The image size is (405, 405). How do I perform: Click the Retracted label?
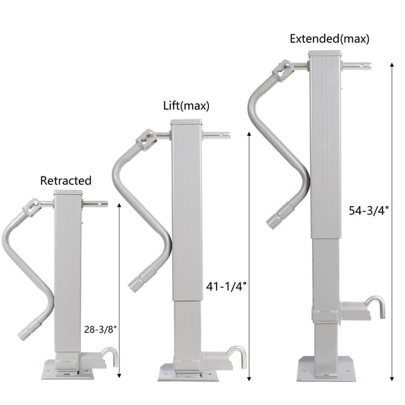tap(65, 181)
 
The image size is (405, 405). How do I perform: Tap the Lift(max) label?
tap(186, 107)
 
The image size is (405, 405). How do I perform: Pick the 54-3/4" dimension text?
tap(368, 210)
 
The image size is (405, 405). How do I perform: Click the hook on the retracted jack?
tap(109, 355)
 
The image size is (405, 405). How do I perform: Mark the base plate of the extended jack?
tap(325, 367)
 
